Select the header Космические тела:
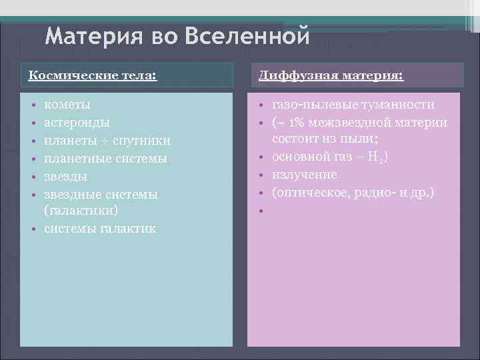pyautogui.click(x=92, y=75)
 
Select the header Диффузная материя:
pyautogui.click(x=331, y=75)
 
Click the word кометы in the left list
pyautogui.click(x=67, y=105)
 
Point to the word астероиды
pyautogui.click(x=77, y=123)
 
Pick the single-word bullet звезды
pyautogui.click(x=65, y=177)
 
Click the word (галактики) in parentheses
pyautogui.click(x=81, y=211)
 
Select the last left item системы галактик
pyautogui.click(x=101, y=229)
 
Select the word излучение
pyautogui.click(x=305, y=175)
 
